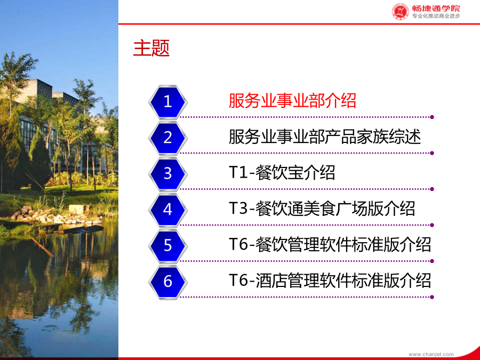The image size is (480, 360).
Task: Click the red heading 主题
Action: [151, 48]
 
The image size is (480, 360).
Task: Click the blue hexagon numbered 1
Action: [167, 102]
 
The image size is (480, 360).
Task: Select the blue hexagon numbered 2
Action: [167, 138]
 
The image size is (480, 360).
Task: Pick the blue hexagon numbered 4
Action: [167, 210]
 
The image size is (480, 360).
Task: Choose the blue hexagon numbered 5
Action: [167, 246]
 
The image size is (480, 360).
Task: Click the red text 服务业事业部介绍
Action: [292, 100]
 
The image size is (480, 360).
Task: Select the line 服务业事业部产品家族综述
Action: [325, 137]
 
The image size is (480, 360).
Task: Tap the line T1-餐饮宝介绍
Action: [282, 173]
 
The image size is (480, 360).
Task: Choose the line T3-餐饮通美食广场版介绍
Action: [322, 209]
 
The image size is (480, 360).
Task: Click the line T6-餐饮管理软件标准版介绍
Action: [330, 245]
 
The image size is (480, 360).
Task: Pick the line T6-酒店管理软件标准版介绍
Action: [330, 281]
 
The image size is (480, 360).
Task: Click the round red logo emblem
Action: [401, 12]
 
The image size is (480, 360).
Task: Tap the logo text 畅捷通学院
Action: [436, 8]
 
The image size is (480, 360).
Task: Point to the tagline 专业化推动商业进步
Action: [436, 16]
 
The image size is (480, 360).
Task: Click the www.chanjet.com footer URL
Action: [431, 354]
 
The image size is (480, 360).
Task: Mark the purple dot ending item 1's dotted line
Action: [432, 117]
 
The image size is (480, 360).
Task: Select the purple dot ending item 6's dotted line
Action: [432, 297]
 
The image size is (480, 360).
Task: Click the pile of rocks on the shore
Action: [46, 216]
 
